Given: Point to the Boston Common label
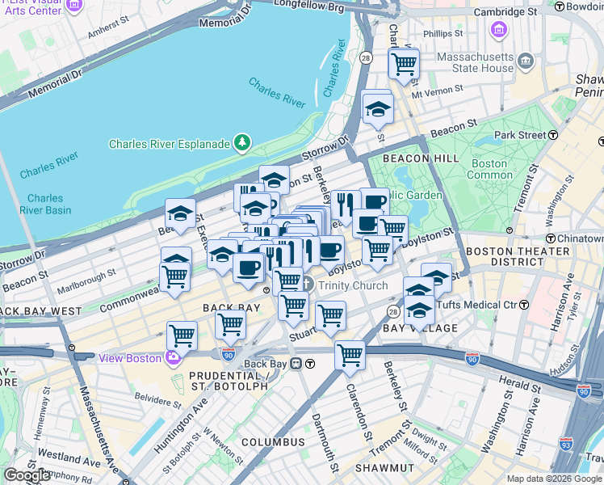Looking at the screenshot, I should point(489,169).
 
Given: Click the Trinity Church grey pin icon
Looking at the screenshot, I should point(307,285).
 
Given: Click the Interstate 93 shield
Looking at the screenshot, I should point(566,444).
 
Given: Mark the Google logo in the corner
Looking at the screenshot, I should point(27,475).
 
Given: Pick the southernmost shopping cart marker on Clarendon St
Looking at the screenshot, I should point(350,353).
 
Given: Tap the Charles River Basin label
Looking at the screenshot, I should point(48,204).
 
